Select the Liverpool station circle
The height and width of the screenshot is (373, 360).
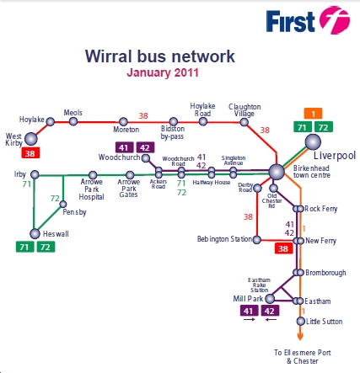(x=313, y=142)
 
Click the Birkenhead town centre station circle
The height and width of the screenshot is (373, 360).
(x=276, y=172)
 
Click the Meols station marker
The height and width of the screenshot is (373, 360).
(x=75, y=122)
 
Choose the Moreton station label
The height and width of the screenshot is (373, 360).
(x=126, y=132)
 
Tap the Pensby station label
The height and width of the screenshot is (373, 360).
(x=74, y=213)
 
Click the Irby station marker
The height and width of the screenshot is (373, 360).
(x=31, y=174)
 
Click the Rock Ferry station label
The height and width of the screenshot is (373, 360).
(x=320, y=208)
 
